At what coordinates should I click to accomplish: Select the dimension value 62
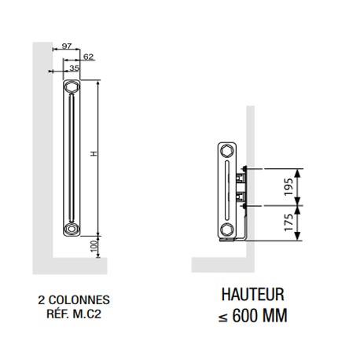(88, 57)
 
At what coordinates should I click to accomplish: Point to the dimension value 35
(75, 68)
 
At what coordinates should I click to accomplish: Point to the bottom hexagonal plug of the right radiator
(226, 229)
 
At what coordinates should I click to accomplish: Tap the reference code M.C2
(88, 313)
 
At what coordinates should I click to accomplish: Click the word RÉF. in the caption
(57, 313)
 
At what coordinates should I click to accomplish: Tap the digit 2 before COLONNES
(41, 299)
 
